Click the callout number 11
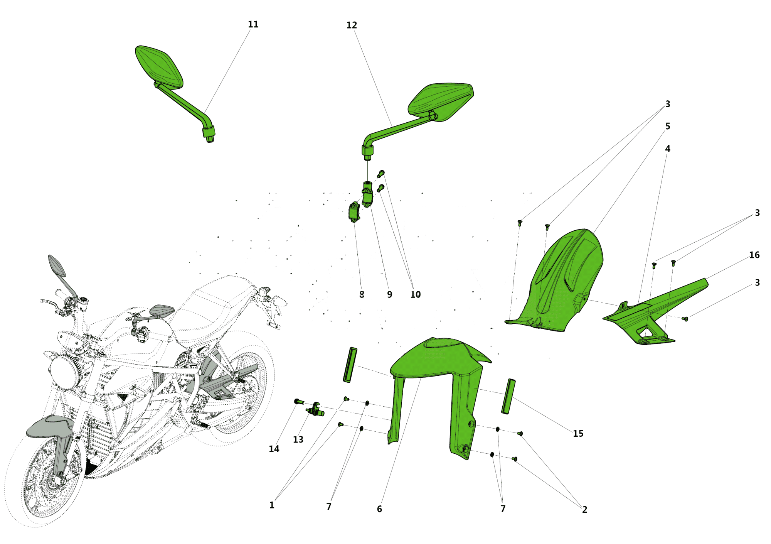coord(253,24)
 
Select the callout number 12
coord(352,25)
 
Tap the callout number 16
coord(754,255)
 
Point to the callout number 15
coord(578,434)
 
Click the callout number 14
coord(274,449)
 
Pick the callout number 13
coord(298,439)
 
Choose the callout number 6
coord(379,509)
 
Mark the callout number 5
coord(668,126)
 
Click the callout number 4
coord(668,149)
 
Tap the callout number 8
coord(362,294)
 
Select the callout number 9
coord(389,295)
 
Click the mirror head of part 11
coord(158,66)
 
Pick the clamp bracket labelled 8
coord(354,212)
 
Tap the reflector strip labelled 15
coord(508,396)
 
